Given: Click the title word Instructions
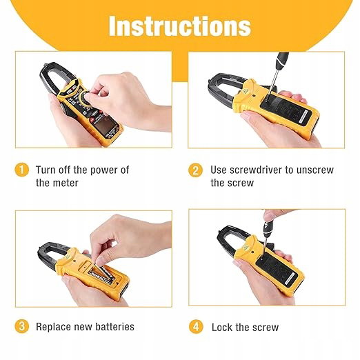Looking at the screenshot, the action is [x=180, y=26].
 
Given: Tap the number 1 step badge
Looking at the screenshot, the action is [x=22, y=170].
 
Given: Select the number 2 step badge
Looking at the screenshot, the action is [x=195, y=170].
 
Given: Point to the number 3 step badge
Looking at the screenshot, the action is [x=22, y=326].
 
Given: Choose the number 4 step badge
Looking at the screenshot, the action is [x=196, y=327].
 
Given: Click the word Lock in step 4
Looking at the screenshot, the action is [x=222, y=328].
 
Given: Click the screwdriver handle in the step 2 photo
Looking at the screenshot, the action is [x=281, y=61].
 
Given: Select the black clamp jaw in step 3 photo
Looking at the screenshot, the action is [x=51, y=255].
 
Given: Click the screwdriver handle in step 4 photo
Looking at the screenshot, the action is [x=268, y=229].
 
